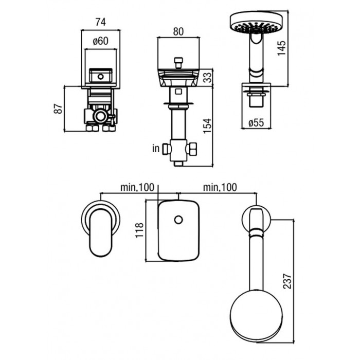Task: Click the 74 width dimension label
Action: pos(101,22)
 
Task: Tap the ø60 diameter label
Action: pos(101,41)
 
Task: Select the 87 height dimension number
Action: pos(58,109)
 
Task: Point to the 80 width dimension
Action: pos(178,32)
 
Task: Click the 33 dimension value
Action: pos(208,77)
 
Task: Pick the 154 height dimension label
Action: pos(207,126)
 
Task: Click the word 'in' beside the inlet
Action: pos(156,148)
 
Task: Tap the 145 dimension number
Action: pos(281,48)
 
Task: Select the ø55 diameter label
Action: pos(256,123)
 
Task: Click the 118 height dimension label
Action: pos(139,230)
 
